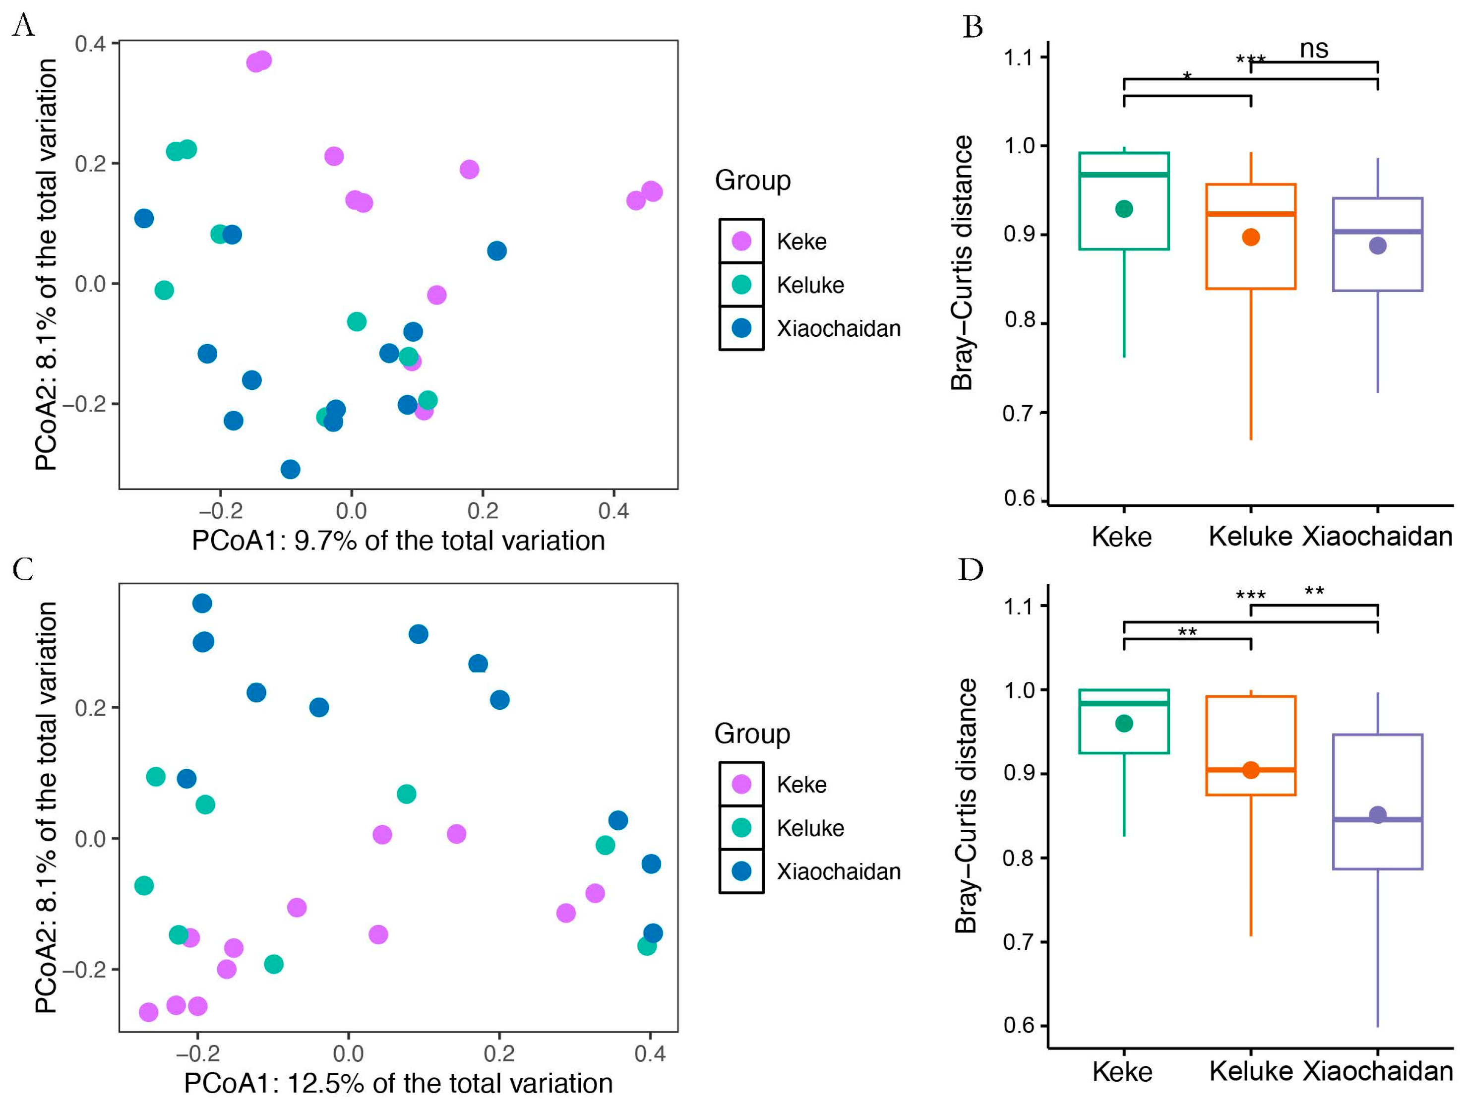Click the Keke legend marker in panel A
pos(741,241)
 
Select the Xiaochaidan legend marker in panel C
pos(741,871)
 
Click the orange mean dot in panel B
pos(1251,237)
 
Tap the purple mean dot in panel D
pos(1378,814)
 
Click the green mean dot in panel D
pos(1123,724)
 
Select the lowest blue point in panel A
pos(290,469)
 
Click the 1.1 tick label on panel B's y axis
pos(1019,58)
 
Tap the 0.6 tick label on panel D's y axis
pos(1019,1025)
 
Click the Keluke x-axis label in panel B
pos(1250,537)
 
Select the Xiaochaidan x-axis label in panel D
pos(1378,1071)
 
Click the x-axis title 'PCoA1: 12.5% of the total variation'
pos(398,1083)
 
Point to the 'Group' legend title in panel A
pos(752,181)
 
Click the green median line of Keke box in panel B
pos(1123,175)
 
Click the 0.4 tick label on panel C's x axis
pos(650,1053)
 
